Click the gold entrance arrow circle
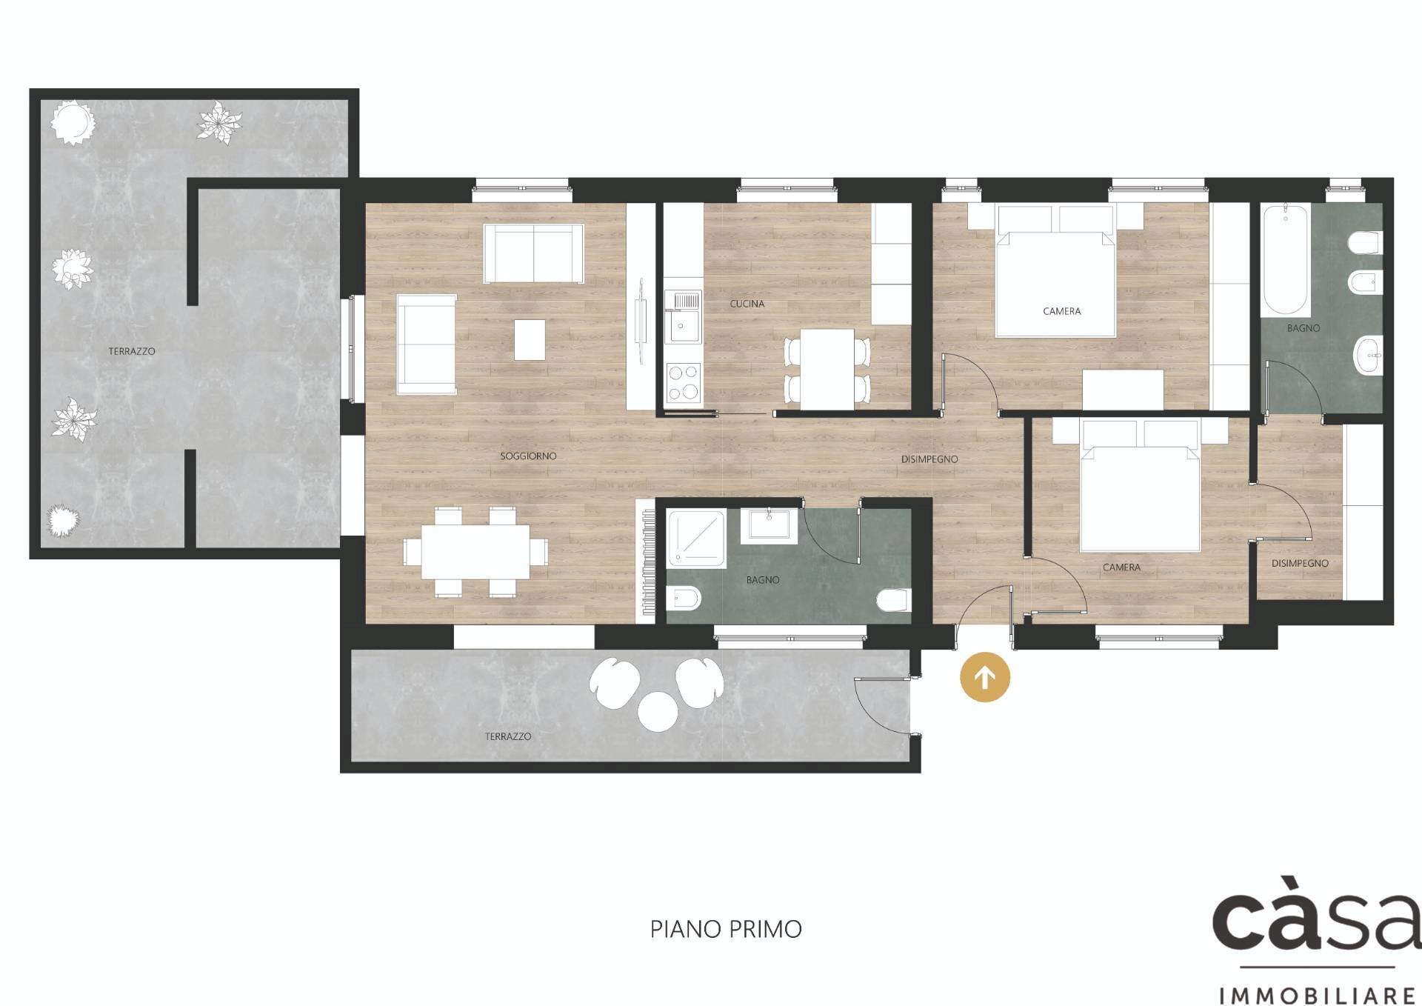(x=984, y=677)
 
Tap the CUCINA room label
(x=747, y=304)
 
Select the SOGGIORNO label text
(x=528, y=456)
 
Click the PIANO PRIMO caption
(x=726, y=929)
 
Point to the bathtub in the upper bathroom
(x=1285, y=261)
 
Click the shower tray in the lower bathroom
(x=696, y=539)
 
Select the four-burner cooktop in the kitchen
(x=683, y=383)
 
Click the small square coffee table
(x=530, y=339)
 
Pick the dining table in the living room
(x=476, y=552)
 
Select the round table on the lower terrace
(x=658, y=711)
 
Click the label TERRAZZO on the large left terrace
(x=132, y=351)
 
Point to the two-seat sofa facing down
(x=533, y=253)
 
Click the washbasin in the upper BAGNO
(x=1368, y=356)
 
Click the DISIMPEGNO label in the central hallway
(x=929, y=459)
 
